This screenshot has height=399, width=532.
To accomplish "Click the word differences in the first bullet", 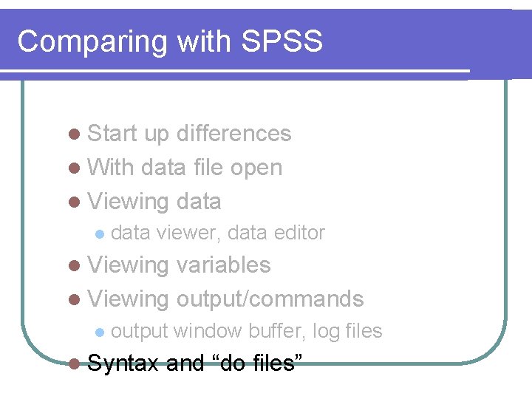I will tap(234, 134).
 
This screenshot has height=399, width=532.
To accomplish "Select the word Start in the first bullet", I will tap(112, 134).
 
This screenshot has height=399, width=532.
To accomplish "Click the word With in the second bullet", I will tap(110, 168).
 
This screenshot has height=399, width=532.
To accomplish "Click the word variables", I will tap(224, 265).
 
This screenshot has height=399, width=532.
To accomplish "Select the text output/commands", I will tap(270, 299).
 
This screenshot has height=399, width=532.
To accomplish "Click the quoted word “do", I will tap(225, 363).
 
